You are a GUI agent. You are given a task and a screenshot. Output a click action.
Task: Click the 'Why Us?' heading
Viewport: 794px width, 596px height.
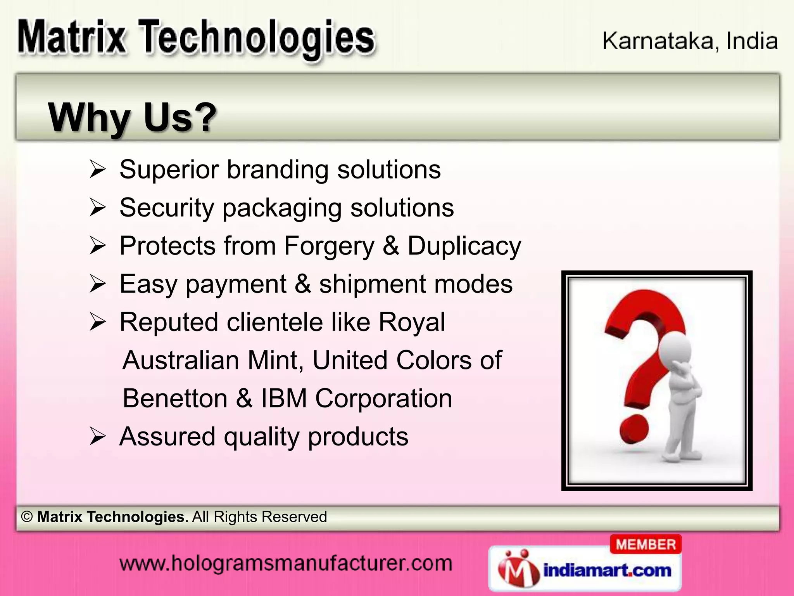132,117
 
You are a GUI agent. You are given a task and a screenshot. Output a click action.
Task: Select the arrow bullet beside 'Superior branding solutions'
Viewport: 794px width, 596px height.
97,170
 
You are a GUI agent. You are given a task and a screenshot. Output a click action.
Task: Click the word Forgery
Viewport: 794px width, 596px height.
329,246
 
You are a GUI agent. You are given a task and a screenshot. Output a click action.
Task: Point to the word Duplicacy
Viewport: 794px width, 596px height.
464,246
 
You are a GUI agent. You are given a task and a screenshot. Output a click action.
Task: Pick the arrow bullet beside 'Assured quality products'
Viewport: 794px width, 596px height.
97,437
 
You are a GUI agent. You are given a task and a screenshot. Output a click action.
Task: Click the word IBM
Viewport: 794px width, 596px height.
284,398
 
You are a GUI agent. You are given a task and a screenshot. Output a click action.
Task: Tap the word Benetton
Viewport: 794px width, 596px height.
175,398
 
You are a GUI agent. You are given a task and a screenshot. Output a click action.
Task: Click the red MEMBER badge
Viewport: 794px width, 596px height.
646,544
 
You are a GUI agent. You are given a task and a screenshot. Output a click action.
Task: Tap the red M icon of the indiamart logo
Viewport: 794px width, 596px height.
518,570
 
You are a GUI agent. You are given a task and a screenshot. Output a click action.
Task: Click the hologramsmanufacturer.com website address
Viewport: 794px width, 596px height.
286,563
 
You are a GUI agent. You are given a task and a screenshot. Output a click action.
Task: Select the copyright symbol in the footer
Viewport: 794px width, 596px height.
27,517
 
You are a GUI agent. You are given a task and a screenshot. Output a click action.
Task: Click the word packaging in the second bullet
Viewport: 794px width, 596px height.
282,208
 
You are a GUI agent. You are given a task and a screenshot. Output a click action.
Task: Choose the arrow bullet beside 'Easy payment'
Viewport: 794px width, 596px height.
97,284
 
